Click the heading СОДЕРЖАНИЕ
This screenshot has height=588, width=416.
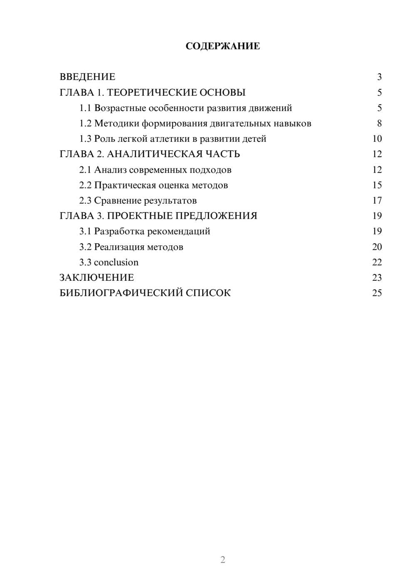[x=223, y=46]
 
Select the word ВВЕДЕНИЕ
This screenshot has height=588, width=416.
[x=87, y=77]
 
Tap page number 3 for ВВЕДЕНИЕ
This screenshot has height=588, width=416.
[x=379, y=77]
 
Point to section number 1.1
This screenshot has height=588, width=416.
[x=85, y=108]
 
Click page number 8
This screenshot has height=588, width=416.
[x=379, y=124]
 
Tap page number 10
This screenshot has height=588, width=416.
[x=377, y=139]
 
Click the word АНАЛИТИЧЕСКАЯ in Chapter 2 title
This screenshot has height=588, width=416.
[x=154, y=154]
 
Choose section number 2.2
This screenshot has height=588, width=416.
[x=85, y=185]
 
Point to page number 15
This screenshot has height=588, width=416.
[x=377, y=185]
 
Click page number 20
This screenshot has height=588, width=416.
[x=377, y=247]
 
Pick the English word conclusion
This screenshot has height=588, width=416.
[x=116, y=262]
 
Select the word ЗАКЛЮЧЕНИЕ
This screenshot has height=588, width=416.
[x=97, y=277]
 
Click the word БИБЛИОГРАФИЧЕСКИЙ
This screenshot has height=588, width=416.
[x=121, y=293]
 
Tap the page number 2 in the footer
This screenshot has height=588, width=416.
[x=223, y=560]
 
